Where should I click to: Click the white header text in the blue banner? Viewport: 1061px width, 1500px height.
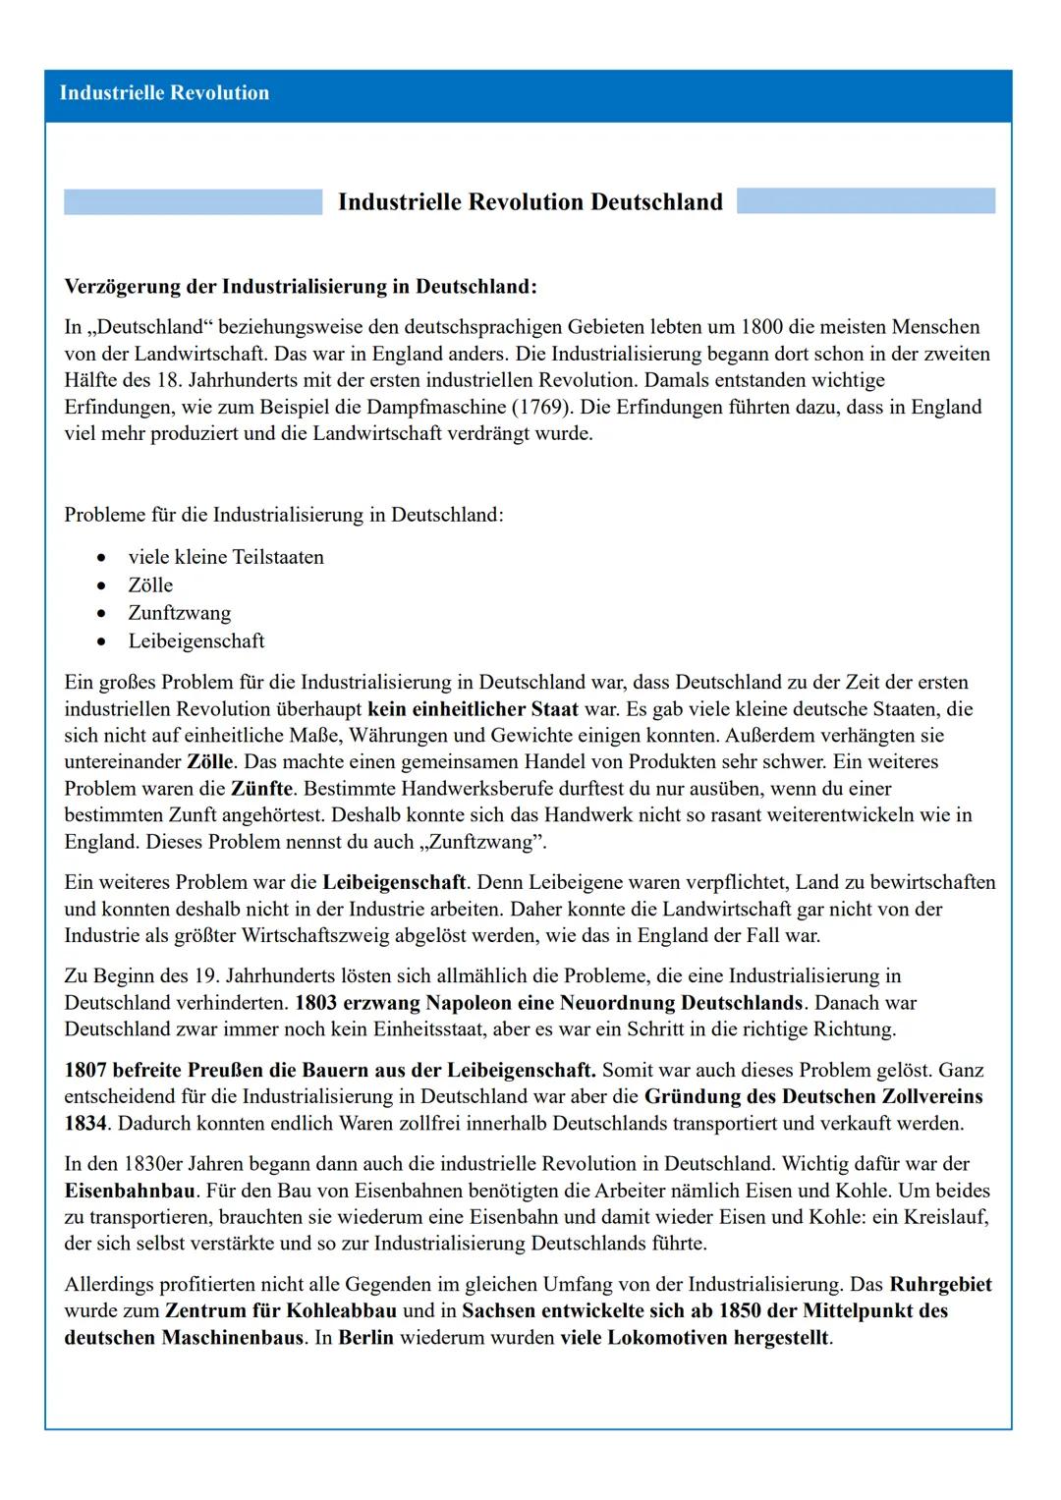click(164, 93)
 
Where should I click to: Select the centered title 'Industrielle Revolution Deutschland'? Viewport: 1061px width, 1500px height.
click(530, 202)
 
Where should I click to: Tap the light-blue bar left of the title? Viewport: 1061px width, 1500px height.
click(193, 202)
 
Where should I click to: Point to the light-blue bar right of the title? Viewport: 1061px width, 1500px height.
click(866, 201)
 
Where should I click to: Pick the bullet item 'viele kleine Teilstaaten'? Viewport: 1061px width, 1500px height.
click(226, 558)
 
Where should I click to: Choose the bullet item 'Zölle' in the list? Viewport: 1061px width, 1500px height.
click(150, 585)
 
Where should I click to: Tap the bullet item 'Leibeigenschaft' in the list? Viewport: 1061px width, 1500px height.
click(196, 641)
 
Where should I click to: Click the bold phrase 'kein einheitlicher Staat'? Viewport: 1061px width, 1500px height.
click(473, 709)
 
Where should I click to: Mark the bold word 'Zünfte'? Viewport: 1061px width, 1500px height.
click(261, 789)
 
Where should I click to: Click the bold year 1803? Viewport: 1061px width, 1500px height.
click(315, 1003)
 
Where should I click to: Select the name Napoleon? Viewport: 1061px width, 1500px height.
click(470, 1003)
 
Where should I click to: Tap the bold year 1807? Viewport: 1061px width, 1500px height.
click(85, 1070)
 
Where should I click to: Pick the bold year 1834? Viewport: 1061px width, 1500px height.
click(85, 1123)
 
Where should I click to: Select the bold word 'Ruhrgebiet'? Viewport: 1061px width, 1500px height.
click(940, 1285)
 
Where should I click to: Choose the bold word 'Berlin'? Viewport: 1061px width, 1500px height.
click(365, 1338)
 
